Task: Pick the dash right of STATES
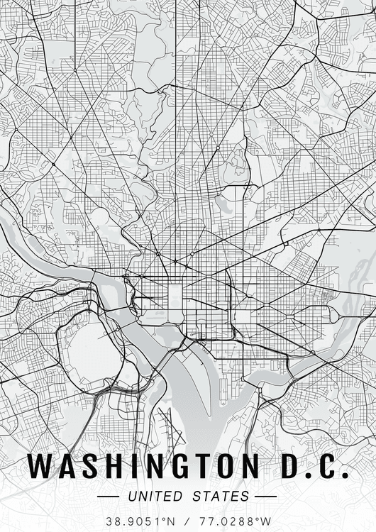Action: click(x=265, y=496)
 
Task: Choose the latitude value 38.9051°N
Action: click(x=139, y=521)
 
